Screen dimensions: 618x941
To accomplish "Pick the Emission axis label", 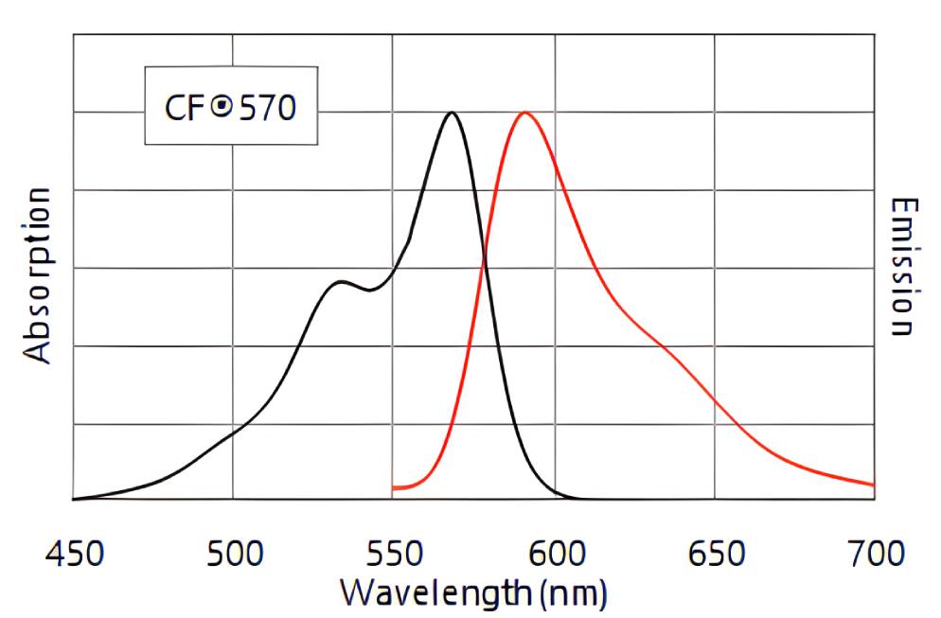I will pyautogui.click(x=904, y=267).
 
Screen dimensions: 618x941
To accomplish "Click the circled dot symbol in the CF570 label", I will pyautogui.click(x=221, y=107).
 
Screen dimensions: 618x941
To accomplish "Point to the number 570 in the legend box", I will pyautogui.click(x=266, y=108).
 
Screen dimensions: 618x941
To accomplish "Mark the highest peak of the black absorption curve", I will pyautogui.click(x=452, y=113).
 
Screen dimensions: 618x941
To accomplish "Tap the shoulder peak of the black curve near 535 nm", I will pyautogui.click(x=340, y=282).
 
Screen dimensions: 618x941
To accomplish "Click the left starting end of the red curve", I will pyautogui.click(x=394, y=488).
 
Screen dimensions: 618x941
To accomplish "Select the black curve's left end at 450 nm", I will pyautogui.click(x=74, y=499).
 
